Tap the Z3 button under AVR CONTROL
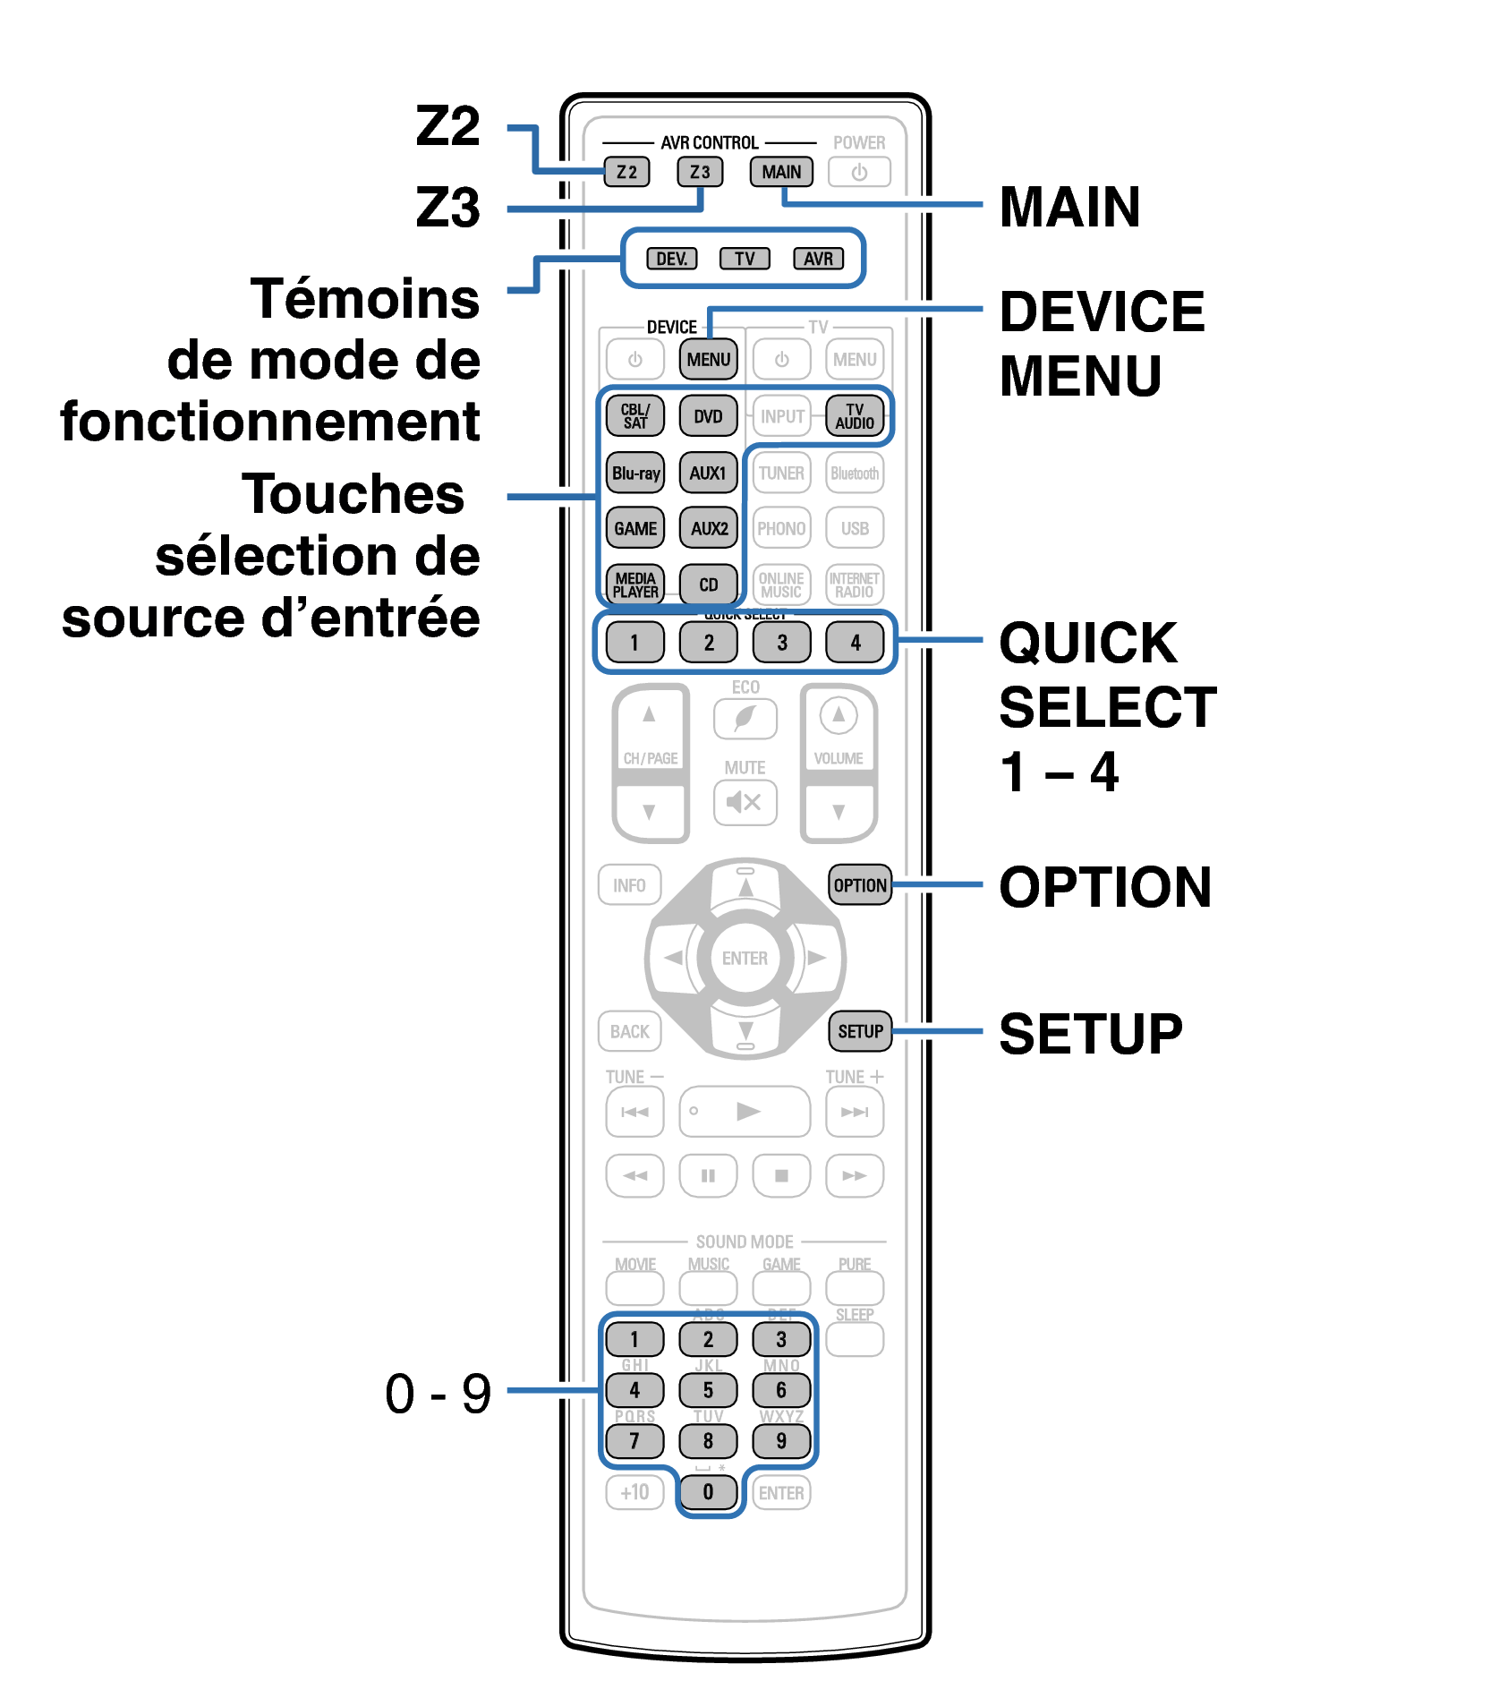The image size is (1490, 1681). (x=700, y=172)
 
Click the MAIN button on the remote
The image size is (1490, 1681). (x=781, y=172)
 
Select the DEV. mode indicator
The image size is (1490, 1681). (x=672, y=259)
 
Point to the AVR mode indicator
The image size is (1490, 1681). (x=818, y=259)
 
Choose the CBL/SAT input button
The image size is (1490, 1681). (x=635, y=416)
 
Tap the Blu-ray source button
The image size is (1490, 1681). (x=635, y=473)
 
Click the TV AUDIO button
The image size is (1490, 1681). (x=855, y=416)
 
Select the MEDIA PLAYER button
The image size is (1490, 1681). (x=635, y=585)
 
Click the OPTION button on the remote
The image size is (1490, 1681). (x=860, y=885)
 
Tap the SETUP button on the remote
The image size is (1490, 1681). (x=860, y=1031)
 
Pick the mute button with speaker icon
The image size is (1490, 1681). (x=745, y=802)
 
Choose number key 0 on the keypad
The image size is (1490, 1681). (x=708, y=1492)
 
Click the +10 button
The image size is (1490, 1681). (x=634, y=1492)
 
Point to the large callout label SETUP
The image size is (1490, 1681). (x=1091, y=1034)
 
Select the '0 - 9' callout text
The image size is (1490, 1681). (x=438, y=1394)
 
